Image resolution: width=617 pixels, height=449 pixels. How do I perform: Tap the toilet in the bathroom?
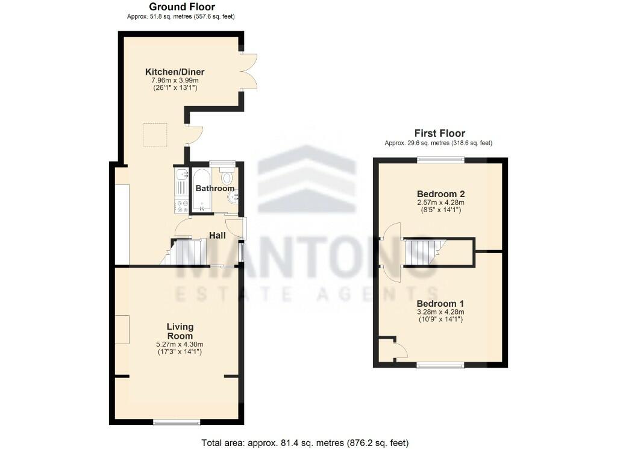click(x=227, y=177)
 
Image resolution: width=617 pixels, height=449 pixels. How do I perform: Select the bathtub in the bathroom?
click(x=201, y=190)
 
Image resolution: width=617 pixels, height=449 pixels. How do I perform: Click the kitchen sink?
click(x=181, y=177)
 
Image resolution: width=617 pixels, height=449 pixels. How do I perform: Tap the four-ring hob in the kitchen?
click(x=181, y=206)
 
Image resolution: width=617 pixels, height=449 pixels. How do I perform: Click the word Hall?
click(x=217, y=235)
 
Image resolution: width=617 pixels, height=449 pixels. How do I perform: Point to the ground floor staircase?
click(x=187, y=252)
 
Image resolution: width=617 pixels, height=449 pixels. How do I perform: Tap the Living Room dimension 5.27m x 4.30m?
click(x=180, y=344)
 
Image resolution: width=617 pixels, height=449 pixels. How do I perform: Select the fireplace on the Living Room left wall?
click(x=122, y=329)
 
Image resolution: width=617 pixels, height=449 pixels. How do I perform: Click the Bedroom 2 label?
click(x=441, y=194)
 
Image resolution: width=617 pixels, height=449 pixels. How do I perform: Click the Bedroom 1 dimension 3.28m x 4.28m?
click(x=441, y=312)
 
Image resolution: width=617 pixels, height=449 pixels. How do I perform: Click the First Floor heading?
click(x=440, y=133)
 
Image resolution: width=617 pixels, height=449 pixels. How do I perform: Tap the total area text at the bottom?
click(x=305, y=443)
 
